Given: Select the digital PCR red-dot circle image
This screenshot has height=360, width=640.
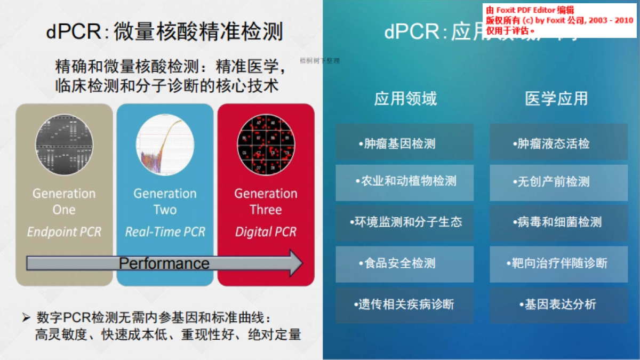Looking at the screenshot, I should click(266, 145).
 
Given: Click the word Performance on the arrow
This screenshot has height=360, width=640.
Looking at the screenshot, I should click(164, 263).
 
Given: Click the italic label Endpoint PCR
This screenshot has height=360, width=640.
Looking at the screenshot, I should click(64, 232).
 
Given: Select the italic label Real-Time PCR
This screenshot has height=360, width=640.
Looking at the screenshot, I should click(165, 232).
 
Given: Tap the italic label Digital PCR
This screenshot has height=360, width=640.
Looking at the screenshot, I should click(266, 232).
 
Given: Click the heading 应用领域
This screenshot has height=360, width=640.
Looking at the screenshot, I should click(405, 99).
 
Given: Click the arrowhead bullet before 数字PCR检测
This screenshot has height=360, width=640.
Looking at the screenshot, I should click(26, 318).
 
